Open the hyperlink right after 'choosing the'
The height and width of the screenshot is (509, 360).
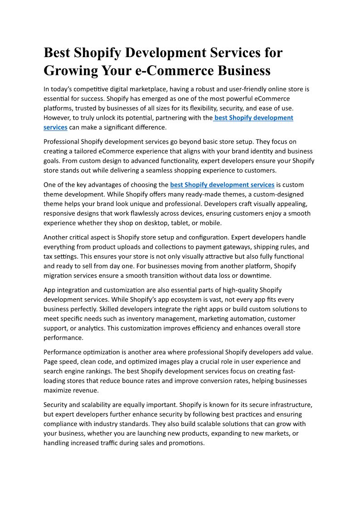pyautogui.click(x=222, y=184)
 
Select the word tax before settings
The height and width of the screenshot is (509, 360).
pyautogui.click(x=49, y=256)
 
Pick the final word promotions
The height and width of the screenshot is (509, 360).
pyautogui.click(x=188, y=443)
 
